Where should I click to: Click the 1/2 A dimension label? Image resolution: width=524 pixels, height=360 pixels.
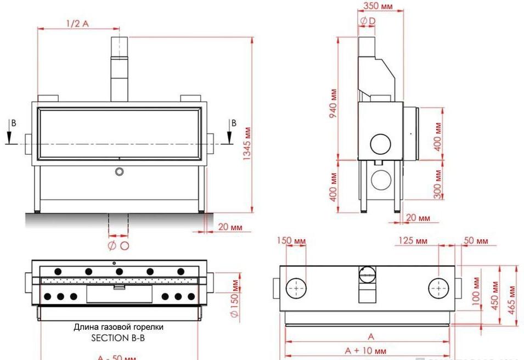click(x=77, y=24)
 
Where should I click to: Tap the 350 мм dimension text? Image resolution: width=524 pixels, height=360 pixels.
click(x=378, y=6)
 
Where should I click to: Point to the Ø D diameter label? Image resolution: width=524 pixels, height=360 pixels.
click(x=368, y=21)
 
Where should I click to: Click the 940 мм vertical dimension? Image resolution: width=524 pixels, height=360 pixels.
click(x=334, y=99)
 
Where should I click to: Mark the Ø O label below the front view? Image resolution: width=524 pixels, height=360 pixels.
click(x=118, y=245)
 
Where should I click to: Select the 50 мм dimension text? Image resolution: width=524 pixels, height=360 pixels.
click(x=475, y=241)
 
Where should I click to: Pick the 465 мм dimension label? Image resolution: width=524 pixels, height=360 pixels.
click(x=512, y=297)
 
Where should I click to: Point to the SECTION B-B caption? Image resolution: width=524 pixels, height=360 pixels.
click(x=118, y=338)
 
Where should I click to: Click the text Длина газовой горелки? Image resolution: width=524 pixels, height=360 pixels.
click(x=119, y=327)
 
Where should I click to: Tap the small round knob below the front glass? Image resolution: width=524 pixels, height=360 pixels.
click(x=119, y=172)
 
